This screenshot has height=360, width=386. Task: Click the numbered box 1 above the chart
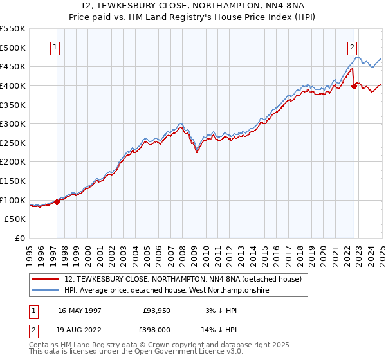click(55, 47)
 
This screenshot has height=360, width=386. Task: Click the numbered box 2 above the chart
click(353, 47)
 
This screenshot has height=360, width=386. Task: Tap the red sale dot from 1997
click(57, 202)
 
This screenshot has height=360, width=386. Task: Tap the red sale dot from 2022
click(354, 87)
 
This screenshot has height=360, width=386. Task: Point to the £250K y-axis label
click(13, 143)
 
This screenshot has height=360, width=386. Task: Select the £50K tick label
click(15, 219)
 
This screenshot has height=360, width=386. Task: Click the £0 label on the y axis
click(20, 239)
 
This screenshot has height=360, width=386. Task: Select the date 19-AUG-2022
click(80, 329)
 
